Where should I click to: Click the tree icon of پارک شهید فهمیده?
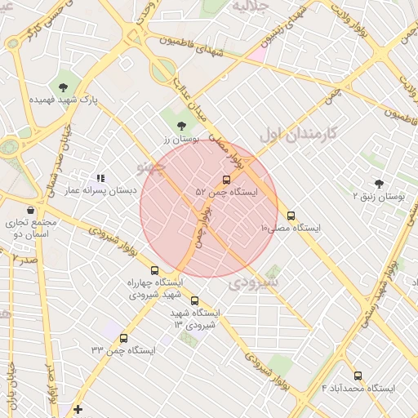pyautogui.click(x=63, y=86)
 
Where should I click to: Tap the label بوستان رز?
pyautogui.click(x=176, y=140)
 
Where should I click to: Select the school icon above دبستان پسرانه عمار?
pyautogui.click(x=100, y=177)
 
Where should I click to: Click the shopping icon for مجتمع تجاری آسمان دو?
pyautogui.click(x=30, y=210)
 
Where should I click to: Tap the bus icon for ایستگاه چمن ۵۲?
pyautogui.click(x=226, y=180)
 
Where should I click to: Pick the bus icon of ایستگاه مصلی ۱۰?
pyautogui.click(x=291, y=216)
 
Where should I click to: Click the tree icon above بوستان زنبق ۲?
pyautogui.click(x=379, y=184)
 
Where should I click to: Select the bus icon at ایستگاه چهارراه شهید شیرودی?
pyautogui.click(x=154, y=270)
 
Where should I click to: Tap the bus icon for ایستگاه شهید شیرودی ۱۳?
pyautogui.click(x=194, y=300)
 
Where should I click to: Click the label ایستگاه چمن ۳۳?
pyautogui.click(x=123, y=350)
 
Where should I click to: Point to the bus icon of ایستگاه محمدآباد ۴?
pyautogui.click(x=358, y=376)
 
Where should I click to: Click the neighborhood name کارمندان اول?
pyautogui.click(x=299, y=131)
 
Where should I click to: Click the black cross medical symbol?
pyautogui.click(x=78, y=409)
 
